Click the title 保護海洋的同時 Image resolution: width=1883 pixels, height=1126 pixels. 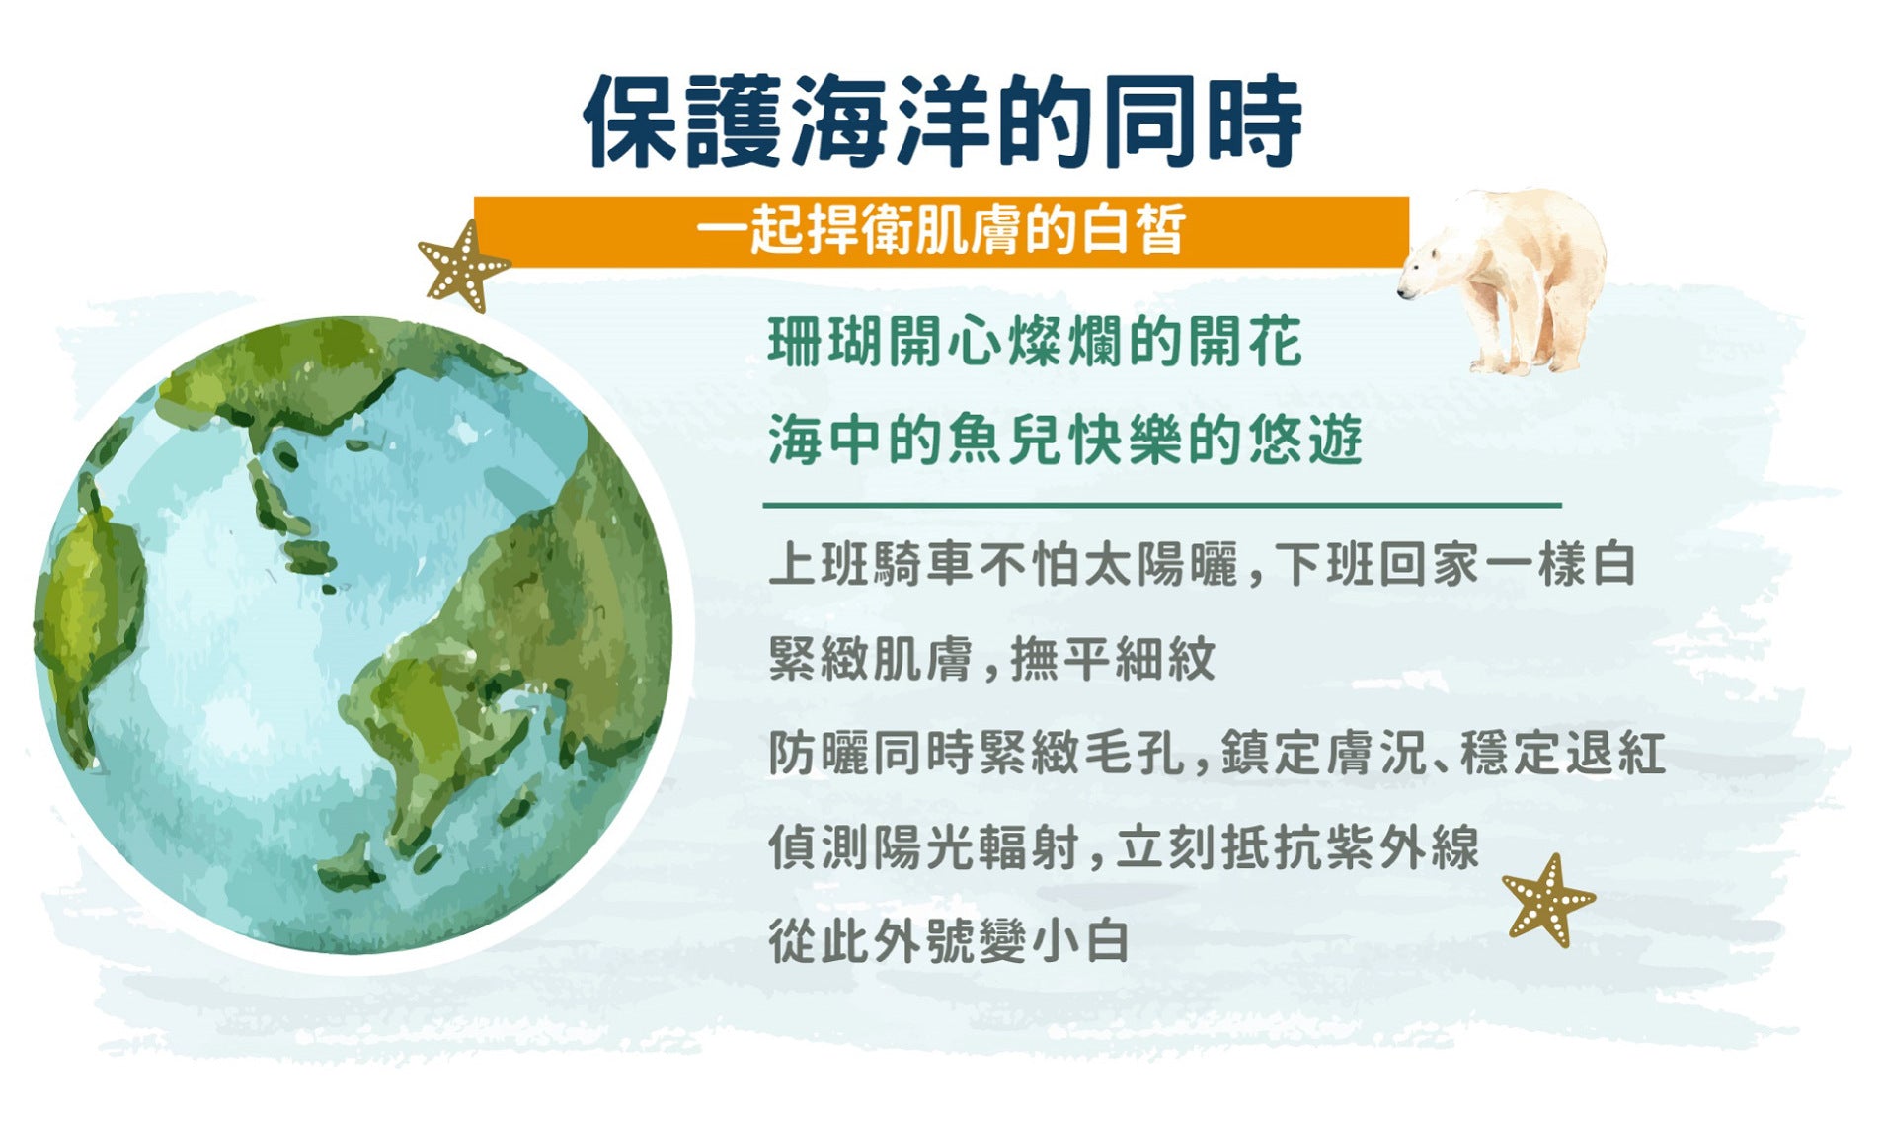[942, 121]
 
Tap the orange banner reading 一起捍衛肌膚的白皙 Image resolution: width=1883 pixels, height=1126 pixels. [941, 231]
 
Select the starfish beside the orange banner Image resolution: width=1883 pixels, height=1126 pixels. [462, 266]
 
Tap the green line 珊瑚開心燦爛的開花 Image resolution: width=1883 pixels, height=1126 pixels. [1035, 343]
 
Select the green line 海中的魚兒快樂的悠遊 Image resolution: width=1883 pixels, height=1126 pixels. [1064, 440]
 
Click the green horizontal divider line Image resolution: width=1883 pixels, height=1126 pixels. [1162, 505]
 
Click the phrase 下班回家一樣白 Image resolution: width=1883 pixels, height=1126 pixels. [1455, 564]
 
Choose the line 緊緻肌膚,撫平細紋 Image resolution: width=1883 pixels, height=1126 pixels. [991, 658]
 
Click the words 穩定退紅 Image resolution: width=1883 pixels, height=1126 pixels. [1563, 753]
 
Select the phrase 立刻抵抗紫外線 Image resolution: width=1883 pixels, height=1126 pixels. [1297, 846]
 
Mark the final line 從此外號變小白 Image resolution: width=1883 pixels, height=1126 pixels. [949, 940]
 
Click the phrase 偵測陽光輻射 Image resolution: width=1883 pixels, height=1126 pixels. [923, 846]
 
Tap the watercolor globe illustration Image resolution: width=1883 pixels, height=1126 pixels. [353, 635]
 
